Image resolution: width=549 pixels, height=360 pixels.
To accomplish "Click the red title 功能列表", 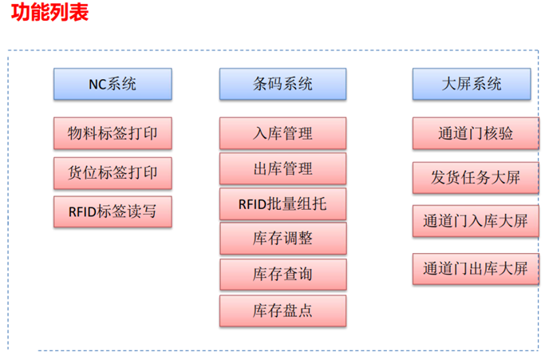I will tap(49, 14).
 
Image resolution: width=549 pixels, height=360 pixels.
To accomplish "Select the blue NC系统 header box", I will tap(113, 84).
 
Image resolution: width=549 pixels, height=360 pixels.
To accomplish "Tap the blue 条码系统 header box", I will tap(282, 84).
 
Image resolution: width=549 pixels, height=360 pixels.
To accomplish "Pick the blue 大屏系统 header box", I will tap(471, 84).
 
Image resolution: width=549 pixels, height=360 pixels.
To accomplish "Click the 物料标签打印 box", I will tap(113, 133).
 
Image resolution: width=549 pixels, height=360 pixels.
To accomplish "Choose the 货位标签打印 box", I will tap(113, 172).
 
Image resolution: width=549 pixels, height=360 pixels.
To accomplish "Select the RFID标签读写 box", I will tap(113, 212).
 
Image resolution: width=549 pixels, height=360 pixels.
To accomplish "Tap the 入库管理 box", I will tap(282, 133).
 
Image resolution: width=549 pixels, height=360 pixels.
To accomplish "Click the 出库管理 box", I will tap(282, 169).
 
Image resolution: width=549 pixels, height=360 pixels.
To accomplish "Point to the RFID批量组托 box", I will tap(282, 204).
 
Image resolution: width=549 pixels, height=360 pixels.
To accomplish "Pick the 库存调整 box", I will tap(282, 239).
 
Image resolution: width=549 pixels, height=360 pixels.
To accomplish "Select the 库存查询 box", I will tap(282, 275).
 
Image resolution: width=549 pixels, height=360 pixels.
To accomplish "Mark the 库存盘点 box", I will tap(282, 311).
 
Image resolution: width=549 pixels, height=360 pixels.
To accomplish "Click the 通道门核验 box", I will tap(471, 133).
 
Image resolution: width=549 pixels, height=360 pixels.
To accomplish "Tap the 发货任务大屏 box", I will tap(471, 177).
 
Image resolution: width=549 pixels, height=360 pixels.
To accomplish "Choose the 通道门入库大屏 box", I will tap(471, 221).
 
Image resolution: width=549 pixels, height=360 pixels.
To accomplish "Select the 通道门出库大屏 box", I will tap(471, 269).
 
